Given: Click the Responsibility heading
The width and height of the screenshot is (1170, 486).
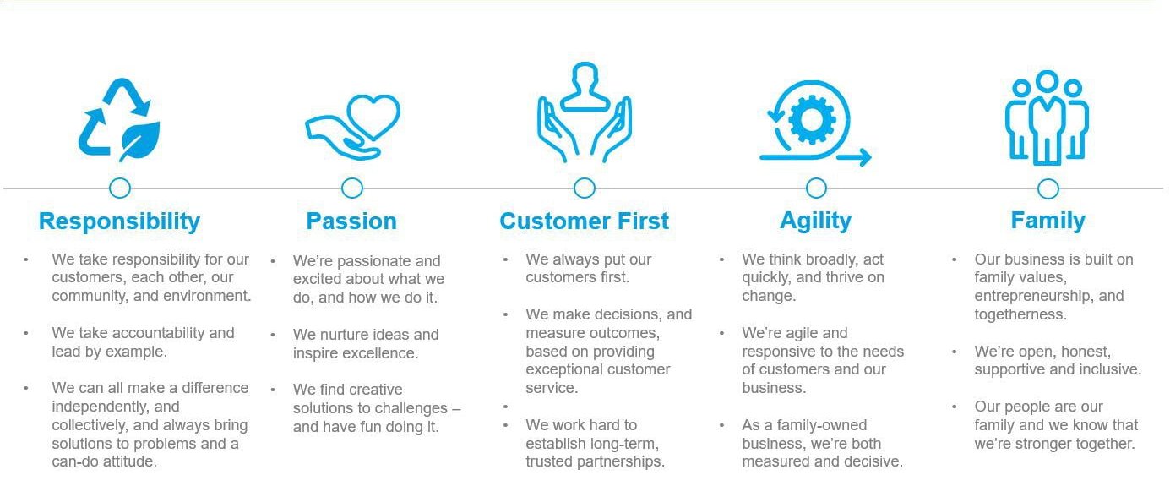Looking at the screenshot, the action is [120, 221].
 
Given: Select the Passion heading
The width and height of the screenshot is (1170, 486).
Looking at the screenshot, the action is [351, 221].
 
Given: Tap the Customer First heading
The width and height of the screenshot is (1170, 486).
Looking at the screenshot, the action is [584, 221].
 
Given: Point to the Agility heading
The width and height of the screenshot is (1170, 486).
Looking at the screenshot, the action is [816, 221].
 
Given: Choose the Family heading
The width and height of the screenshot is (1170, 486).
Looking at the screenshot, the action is [1048, 221].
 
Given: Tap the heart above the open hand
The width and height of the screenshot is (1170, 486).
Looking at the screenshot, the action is [373, 116].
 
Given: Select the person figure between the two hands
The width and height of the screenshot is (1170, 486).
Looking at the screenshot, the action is [585, 86].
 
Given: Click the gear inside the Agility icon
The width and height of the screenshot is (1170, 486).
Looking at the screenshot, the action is [812, 120].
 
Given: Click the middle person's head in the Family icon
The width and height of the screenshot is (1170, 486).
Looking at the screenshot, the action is [1047, 81].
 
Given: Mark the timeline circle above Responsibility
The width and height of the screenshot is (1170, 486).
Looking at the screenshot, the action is [120, 188].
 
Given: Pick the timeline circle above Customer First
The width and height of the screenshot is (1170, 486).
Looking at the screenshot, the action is [585, 188].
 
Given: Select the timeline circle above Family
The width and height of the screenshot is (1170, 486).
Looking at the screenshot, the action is [1048, 188].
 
